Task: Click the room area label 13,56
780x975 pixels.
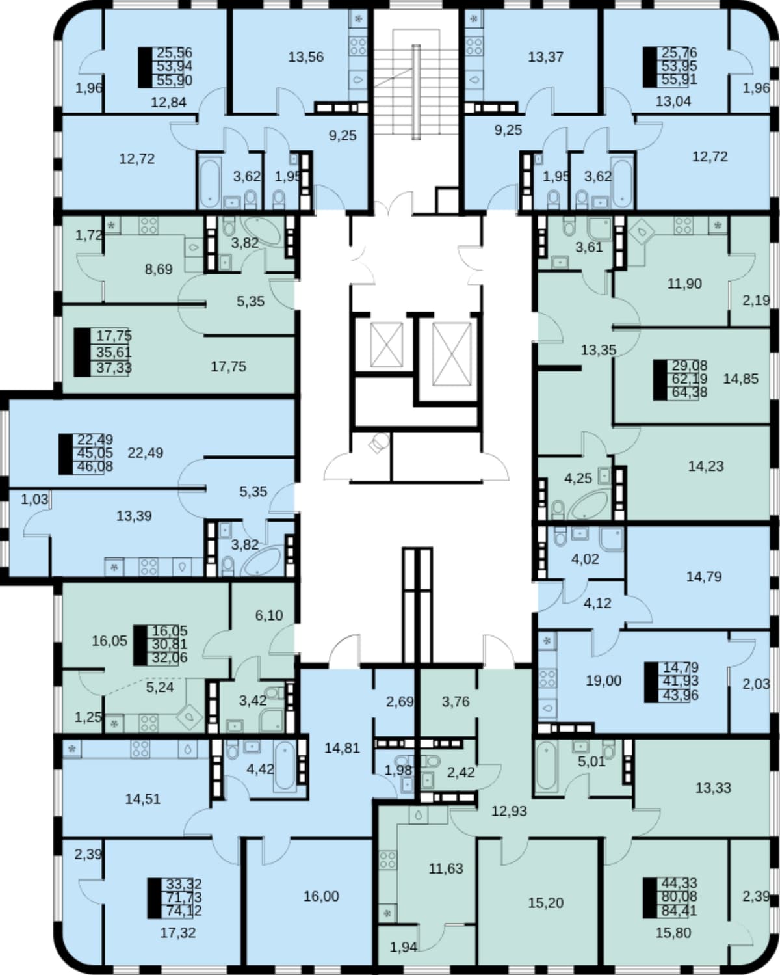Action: pos(306,57)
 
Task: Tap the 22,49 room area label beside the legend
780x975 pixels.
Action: pos(145,453)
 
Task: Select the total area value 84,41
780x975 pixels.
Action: pos(679,910)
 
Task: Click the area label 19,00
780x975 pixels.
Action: pos(603,680)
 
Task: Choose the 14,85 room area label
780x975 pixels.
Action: pos(740,379)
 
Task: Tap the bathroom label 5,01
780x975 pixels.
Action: pos(591,762)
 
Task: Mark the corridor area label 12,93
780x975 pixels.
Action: pos(510,811)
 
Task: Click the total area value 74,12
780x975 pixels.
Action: pos(184,910)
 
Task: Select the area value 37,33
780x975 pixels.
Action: pos(114,368)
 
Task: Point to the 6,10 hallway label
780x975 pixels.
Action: pos(269,615)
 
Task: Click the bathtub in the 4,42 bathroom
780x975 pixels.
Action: pos(285,766)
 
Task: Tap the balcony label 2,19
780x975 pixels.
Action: pos(756,300)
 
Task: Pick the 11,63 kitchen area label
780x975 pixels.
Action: pos(446,868)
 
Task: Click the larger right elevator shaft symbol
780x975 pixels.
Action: pos(451,354)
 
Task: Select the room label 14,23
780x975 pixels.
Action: pos(706,466)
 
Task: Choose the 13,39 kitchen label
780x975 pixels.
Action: pos(134,516)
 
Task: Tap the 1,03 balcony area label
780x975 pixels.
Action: pos(34,500)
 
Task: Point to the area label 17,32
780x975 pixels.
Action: pos(178,933)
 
